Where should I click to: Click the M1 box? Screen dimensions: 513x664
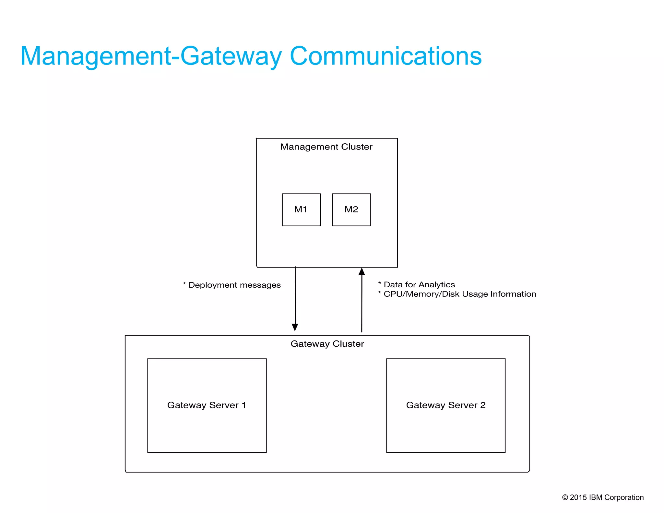(x=301, y=210)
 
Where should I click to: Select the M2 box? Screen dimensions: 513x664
(x=351, y=210)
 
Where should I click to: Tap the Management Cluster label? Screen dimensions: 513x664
(x=326, y=147)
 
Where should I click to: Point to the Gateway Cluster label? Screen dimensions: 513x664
(x=327, y=344)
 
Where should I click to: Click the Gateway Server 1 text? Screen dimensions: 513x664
(x=207, y=405)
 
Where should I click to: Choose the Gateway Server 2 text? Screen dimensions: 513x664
(x=446, y=405)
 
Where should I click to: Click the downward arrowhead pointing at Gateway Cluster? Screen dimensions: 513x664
(x=295, y=327)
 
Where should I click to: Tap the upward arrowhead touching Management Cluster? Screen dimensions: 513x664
(x=362, y=272)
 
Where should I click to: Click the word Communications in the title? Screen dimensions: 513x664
(x=386, y=56)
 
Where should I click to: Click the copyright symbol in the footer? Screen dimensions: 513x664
(x=565, y=497)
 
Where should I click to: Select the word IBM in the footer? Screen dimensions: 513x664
(x=596, y=497)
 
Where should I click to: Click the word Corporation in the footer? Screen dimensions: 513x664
(x=624, y=497)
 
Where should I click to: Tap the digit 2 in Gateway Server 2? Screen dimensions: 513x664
(x=483, y=405)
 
